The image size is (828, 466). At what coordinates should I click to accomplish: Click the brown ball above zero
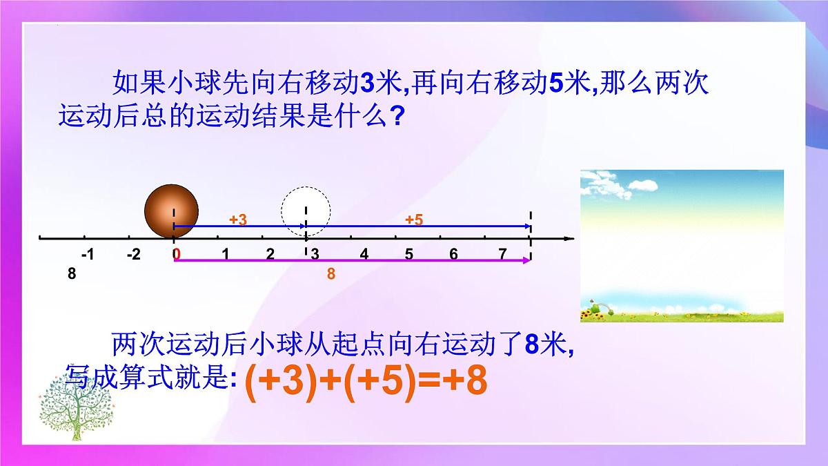click(171, 211)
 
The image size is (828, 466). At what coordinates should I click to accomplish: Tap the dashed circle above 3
click(306, 211)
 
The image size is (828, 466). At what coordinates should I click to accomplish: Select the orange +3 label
click(238, 220)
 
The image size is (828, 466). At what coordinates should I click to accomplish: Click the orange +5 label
click(414, 220)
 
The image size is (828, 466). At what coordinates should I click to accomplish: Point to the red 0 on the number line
click(177, 254)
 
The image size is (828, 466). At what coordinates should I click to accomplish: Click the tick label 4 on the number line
click(364, 254)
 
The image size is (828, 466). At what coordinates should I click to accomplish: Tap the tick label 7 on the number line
click(503, 254)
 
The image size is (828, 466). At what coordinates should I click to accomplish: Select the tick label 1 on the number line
click(225, 254)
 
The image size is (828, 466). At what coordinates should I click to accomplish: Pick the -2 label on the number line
click(134, 254)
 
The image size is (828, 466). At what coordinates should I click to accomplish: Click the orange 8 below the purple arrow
click(331, 274)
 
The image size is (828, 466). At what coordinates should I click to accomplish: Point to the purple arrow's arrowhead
click(528, 260)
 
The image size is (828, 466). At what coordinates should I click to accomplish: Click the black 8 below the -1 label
click(72, 274)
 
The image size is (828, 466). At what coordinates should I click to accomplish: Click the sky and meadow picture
click(682, 246)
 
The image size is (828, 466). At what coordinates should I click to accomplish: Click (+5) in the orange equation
click(376, 382)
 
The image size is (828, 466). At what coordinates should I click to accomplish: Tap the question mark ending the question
click(396, 115)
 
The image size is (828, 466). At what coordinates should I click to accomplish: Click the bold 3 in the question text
click(367, 85)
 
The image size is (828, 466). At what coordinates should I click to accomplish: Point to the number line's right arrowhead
click(569, 239)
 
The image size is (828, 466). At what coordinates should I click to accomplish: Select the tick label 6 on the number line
click(453, 254)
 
